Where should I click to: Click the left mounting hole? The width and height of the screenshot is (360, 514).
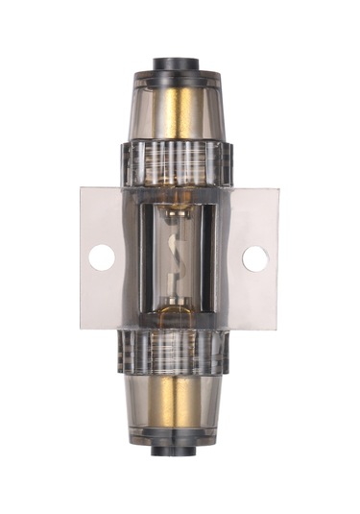click(x=102, y=257)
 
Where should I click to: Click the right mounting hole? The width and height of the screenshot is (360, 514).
click(x=255, y=257)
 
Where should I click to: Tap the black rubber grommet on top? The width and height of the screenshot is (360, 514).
click(x=180, y=66)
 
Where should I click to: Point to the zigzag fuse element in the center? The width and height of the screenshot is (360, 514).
click(x=180, y=257)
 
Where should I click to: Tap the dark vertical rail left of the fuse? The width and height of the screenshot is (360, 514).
click(x=144, y=257)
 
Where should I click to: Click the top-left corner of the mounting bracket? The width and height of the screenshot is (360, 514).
click(x=82, y=188)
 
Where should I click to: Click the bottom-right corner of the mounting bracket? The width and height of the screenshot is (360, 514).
click(x=277, y=329)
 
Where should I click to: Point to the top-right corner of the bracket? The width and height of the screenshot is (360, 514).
click(x=278, y=188)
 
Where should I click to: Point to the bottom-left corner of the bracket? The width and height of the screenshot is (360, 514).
click(x=82, y=329)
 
